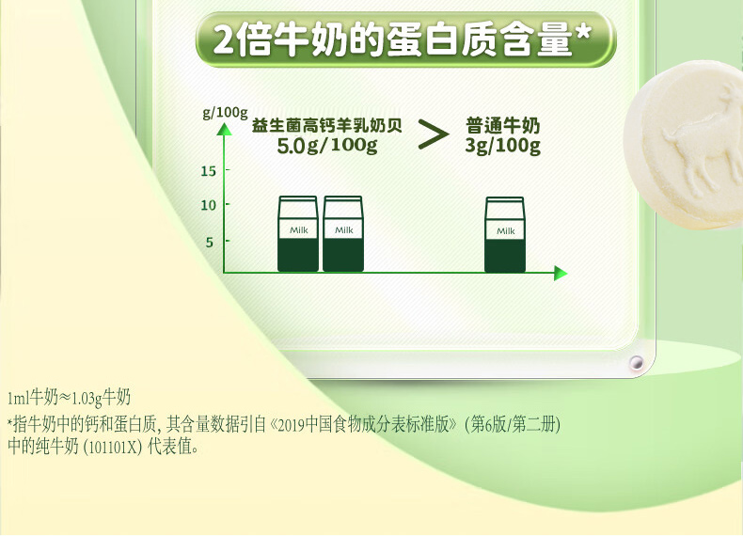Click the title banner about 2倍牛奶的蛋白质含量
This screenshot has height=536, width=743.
[x=405, y=39]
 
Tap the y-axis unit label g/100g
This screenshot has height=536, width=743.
[x=225, y=112]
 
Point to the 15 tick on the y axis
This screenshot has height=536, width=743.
[x=208, y=170]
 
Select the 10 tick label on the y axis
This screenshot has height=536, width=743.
[x=208, y=205]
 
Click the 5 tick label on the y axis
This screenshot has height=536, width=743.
[x=210, y=243]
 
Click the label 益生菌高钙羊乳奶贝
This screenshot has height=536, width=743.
[x=327, y=126]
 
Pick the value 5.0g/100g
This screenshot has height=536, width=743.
[x=327, y=146]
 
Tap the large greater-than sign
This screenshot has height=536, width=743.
[x=434, y=134]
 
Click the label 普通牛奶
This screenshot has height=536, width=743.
[x=503, y=126]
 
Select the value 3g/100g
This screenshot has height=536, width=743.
[x=503, y=146]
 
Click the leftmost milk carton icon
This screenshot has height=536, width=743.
[x=297, y=233]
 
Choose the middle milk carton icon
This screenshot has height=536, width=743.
[x=343, y=233]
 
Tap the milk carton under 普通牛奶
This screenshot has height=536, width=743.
[x=505, y=234]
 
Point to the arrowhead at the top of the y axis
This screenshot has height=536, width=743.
[x=225, y=129]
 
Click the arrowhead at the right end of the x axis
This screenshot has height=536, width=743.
[x=561, y=273]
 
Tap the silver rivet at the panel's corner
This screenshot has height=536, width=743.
[x=637, y=363]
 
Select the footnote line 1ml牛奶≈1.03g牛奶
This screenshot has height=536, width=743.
[x=70, y=398]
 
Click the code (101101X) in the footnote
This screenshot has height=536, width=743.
[x=112, y=447]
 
